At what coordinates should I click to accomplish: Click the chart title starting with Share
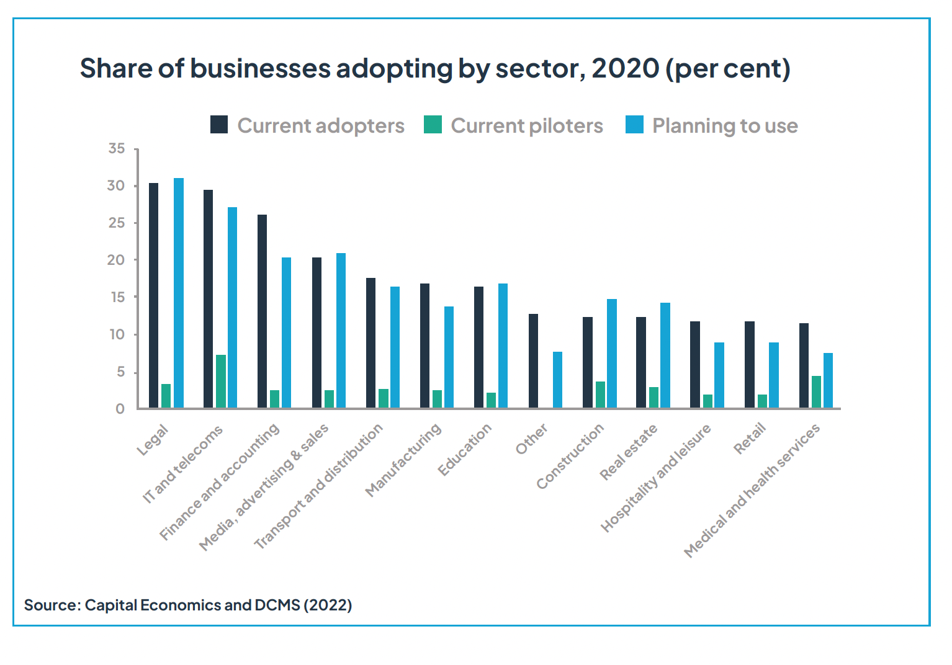click(x=434, y=68)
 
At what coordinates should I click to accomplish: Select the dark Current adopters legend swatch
click(x=219, y=125)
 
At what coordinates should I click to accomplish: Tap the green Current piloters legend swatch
click(x=433, y=125)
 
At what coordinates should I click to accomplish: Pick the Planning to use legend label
click(x=724, y=126)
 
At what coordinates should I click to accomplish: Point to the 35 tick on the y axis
click(x=116, y=149)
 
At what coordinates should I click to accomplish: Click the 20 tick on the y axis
click(x=116, y=260)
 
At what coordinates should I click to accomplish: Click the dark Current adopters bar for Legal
click(x=153, y=295)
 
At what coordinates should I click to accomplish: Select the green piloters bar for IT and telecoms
click(x=220, y=381)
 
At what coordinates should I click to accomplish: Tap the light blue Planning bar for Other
click(x=557, y=380)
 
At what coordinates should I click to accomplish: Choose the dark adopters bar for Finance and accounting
click(x=262, y=311)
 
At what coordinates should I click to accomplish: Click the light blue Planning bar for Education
click(x=503, y=346)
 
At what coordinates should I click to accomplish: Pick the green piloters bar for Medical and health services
click(x=816, y=391)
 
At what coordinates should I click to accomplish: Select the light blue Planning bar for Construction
click(x=612, y=353)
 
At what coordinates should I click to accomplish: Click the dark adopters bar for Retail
click(x=750, y=364)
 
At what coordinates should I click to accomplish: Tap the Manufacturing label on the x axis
click(x=403, y=460)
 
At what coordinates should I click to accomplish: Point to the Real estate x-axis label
click(x=628, y=453)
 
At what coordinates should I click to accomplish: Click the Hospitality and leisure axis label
click(x=655, y=479)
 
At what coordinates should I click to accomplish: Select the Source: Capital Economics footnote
click(x=187, y=605)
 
